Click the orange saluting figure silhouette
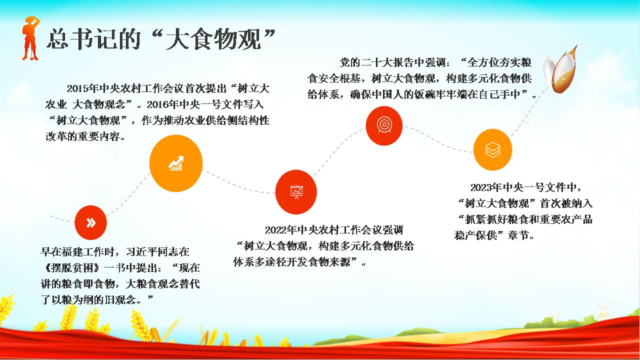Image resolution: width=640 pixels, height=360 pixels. (30, 38)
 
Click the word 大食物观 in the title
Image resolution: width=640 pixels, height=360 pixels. (213, 39)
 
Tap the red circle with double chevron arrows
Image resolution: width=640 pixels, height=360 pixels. (90, 222)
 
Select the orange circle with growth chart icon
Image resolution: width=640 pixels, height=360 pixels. (176, 163)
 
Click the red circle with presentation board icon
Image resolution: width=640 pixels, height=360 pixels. (296, 192)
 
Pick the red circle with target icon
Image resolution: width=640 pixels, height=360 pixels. (384, 125)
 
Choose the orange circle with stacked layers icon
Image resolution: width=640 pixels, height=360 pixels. (492, 149)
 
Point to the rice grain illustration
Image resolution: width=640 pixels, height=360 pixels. (560, 69)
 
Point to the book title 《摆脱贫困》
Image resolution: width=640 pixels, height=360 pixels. (72, 268)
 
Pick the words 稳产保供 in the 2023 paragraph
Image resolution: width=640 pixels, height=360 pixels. (475, 235)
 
